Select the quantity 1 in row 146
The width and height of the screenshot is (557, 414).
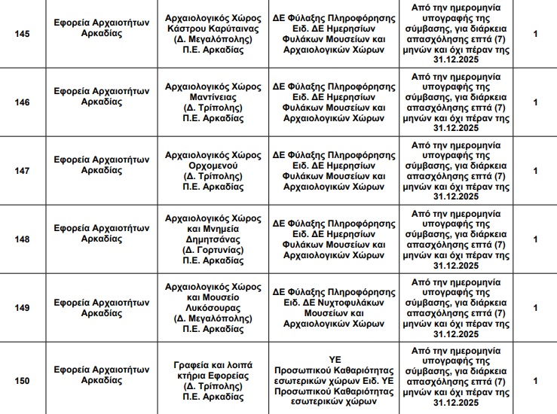[535, 102]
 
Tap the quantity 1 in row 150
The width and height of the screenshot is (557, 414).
[535, 381]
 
